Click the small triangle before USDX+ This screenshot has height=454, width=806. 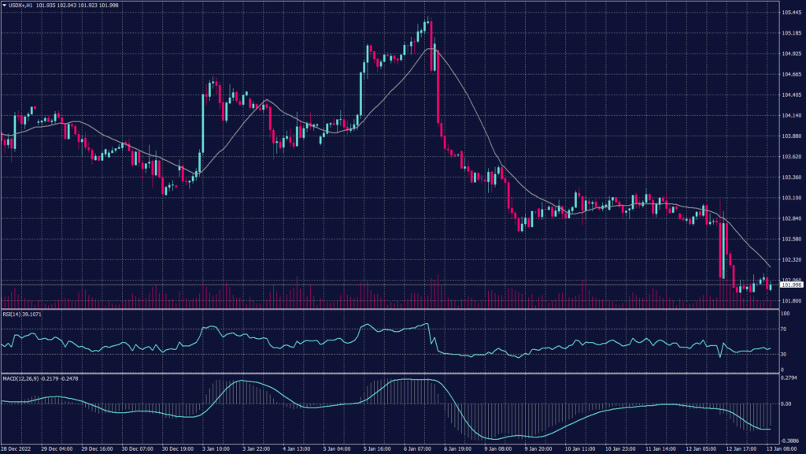click(4, 6)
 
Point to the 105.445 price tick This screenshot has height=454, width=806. click(790, 13)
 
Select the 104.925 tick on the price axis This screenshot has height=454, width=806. click(790, 54)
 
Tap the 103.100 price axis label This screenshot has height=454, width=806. click(790, 198)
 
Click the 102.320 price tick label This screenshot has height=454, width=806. click(790, 259)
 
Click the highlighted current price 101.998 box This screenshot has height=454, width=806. click(790, 285)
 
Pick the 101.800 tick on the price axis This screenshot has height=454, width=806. click(790, 300)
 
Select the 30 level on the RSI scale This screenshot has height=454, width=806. click(783, 355)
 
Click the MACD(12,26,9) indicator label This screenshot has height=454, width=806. click(22, 379)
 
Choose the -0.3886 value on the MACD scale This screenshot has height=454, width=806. click(789, 441)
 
